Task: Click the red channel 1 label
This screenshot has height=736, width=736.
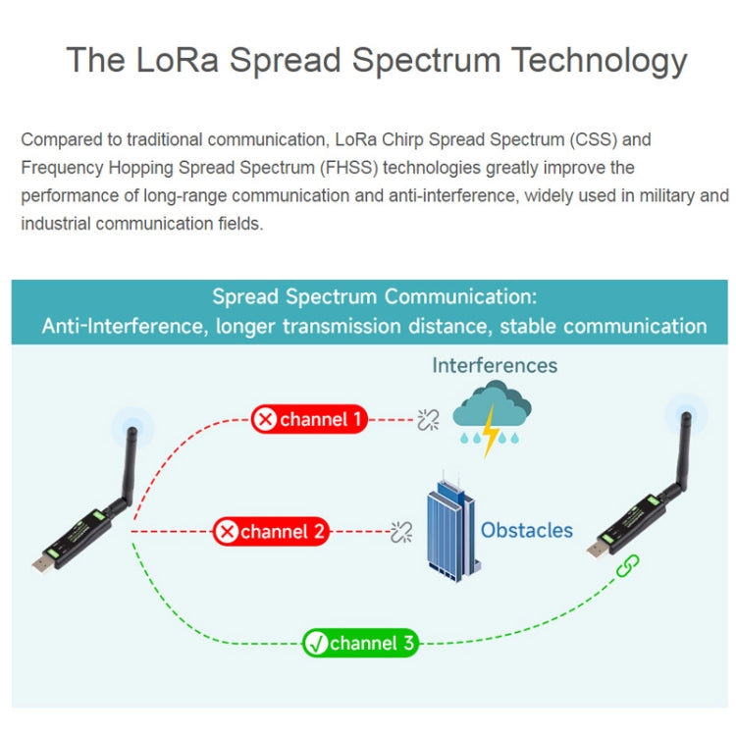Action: [309, 420]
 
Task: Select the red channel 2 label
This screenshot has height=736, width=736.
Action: [271, 532]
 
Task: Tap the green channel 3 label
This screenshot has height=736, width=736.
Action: [360, 644]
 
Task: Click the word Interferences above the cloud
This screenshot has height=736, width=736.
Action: [495, 366]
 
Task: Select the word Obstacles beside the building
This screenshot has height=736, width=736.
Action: [526, 530]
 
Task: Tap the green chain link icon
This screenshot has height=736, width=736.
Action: [626, 566]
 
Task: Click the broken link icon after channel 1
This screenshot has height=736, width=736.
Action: [427, 420]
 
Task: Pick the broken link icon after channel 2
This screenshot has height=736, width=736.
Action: [401, 533]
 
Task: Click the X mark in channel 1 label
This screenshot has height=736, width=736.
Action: [265, 420]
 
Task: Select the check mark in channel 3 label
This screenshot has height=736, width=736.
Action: [316, 644]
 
